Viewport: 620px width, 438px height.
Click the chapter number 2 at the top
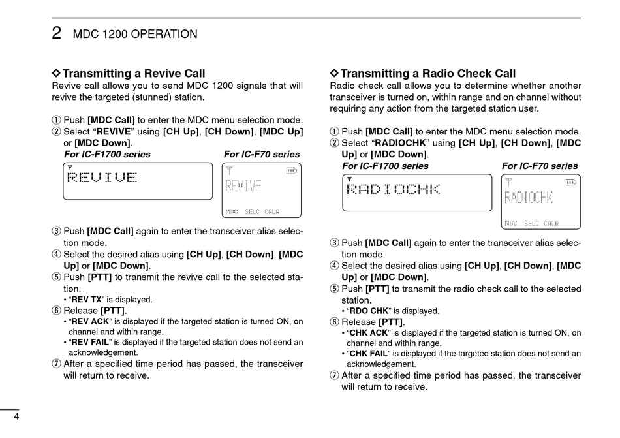(57, 33)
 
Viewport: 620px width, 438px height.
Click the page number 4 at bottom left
(16, 418)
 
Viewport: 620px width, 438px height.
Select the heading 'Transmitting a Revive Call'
(133, 74)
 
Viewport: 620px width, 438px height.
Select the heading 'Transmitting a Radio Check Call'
(427, 74)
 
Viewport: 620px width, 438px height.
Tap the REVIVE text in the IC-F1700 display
(102, 178)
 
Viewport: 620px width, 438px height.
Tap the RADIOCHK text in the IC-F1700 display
(394, 190)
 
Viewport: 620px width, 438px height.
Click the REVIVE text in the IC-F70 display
(243, 187)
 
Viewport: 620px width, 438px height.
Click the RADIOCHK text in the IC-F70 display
(528, 198)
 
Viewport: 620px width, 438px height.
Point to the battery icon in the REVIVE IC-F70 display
(291, 171)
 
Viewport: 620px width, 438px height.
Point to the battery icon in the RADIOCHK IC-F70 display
(570, 182)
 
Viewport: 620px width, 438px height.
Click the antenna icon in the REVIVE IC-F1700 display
(70, 167)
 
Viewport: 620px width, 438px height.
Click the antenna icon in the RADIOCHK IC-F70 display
(509, 182)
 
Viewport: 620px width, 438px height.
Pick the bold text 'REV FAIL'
(89, 342)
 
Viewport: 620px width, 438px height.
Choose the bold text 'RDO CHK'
(369, 311)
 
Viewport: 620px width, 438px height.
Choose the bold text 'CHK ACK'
(369, 333)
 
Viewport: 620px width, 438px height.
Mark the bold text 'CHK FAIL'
(369, 354)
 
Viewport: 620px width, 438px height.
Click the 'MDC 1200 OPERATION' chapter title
(135, 34)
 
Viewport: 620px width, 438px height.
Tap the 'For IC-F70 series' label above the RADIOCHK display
(540, 166)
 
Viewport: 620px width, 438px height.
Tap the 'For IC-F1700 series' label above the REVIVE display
(107, 155)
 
